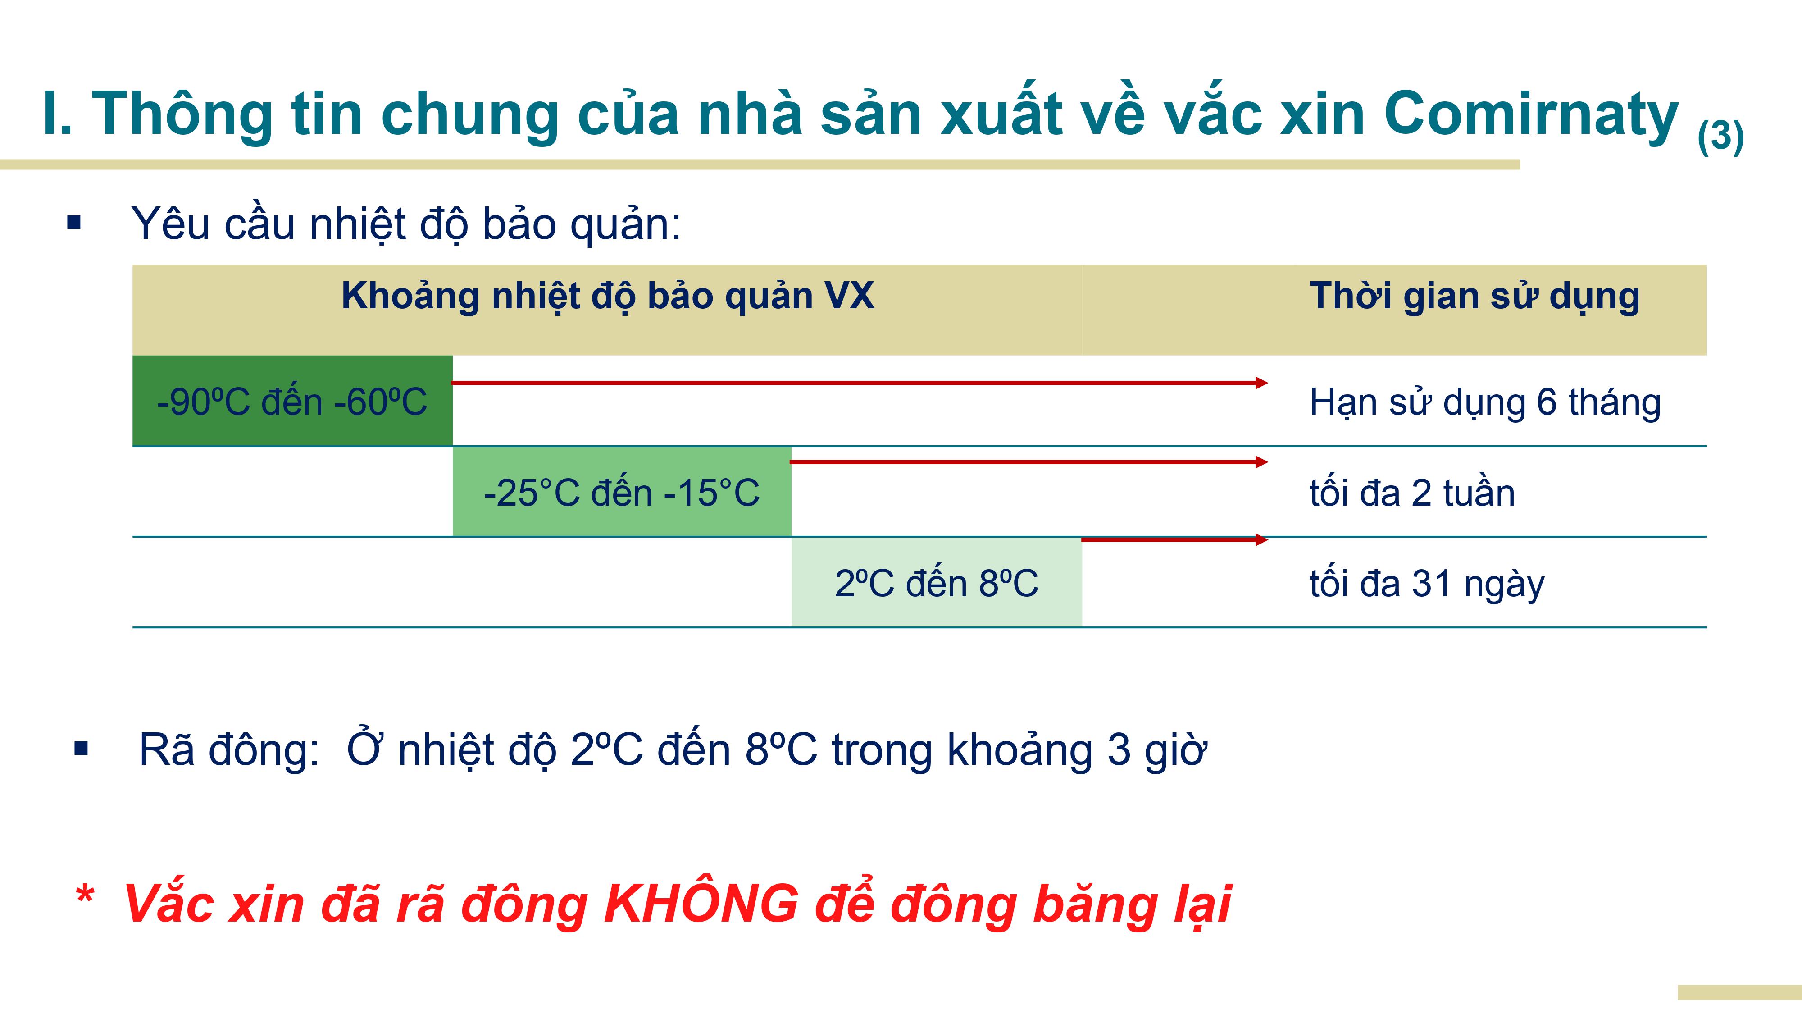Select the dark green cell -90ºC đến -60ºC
[292, 401]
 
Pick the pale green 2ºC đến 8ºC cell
[937, 582]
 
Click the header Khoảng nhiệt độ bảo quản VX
[607, 296]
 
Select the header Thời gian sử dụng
[1474, 296]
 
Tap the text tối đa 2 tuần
[1412, 493]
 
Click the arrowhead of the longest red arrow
[1261, 383]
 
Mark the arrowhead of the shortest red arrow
[1261, 539]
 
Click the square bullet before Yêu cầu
[74, 223]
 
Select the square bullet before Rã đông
[81, 749]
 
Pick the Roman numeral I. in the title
[57, 114]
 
